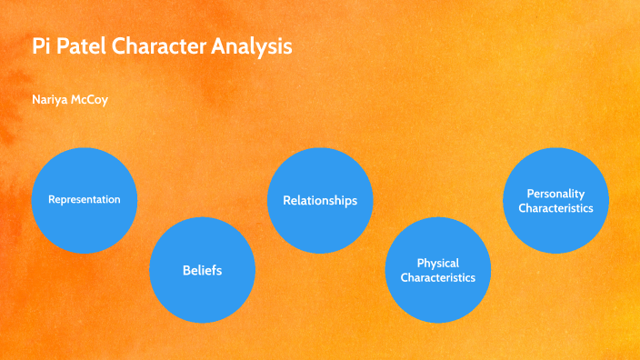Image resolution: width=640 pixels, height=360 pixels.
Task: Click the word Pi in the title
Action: tap(41, 46)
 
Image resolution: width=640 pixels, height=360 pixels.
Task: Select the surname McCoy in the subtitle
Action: tap(93, 100)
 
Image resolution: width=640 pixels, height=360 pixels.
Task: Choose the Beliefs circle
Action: tap(202, 270)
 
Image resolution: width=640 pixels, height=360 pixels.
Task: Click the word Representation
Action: tap(84, 199)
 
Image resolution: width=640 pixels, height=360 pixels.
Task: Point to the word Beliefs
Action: tap(202, 270)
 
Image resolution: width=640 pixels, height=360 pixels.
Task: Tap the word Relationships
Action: tap(320, 200)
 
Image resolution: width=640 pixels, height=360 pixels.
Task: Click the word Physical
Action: tap(438, 263)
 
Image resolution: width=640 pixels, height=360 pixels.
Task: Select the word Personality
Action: tap(555, 194)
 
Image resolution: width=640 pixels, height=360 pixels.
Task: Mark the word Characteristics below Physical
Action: tap(438, 277)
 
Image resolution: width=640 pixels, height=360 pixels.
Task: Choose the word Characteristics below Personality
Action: tap(555, 208)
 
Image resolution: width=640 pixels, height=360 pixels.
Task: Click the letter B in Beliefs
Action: tap(185, 270)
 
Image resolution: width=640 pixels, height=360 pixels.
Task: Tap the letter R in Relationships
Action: tap(286, 200)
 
